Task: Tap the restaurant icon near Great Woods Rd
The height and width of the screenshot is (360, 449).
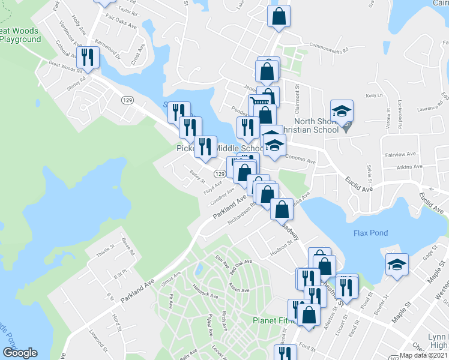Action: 88,57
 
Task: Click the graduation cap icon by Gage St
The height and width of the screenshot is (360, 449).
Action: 396,264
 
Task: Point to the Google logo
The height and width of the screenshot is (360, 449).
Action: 20,353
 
